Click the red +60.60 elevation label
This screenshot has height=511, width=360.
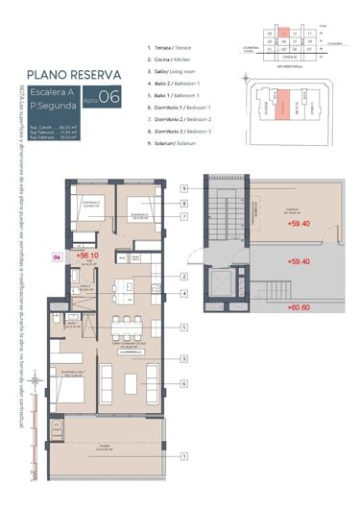tap(300, 307)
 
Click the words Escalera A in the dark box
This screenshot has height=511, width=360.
tap(49, 92)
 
